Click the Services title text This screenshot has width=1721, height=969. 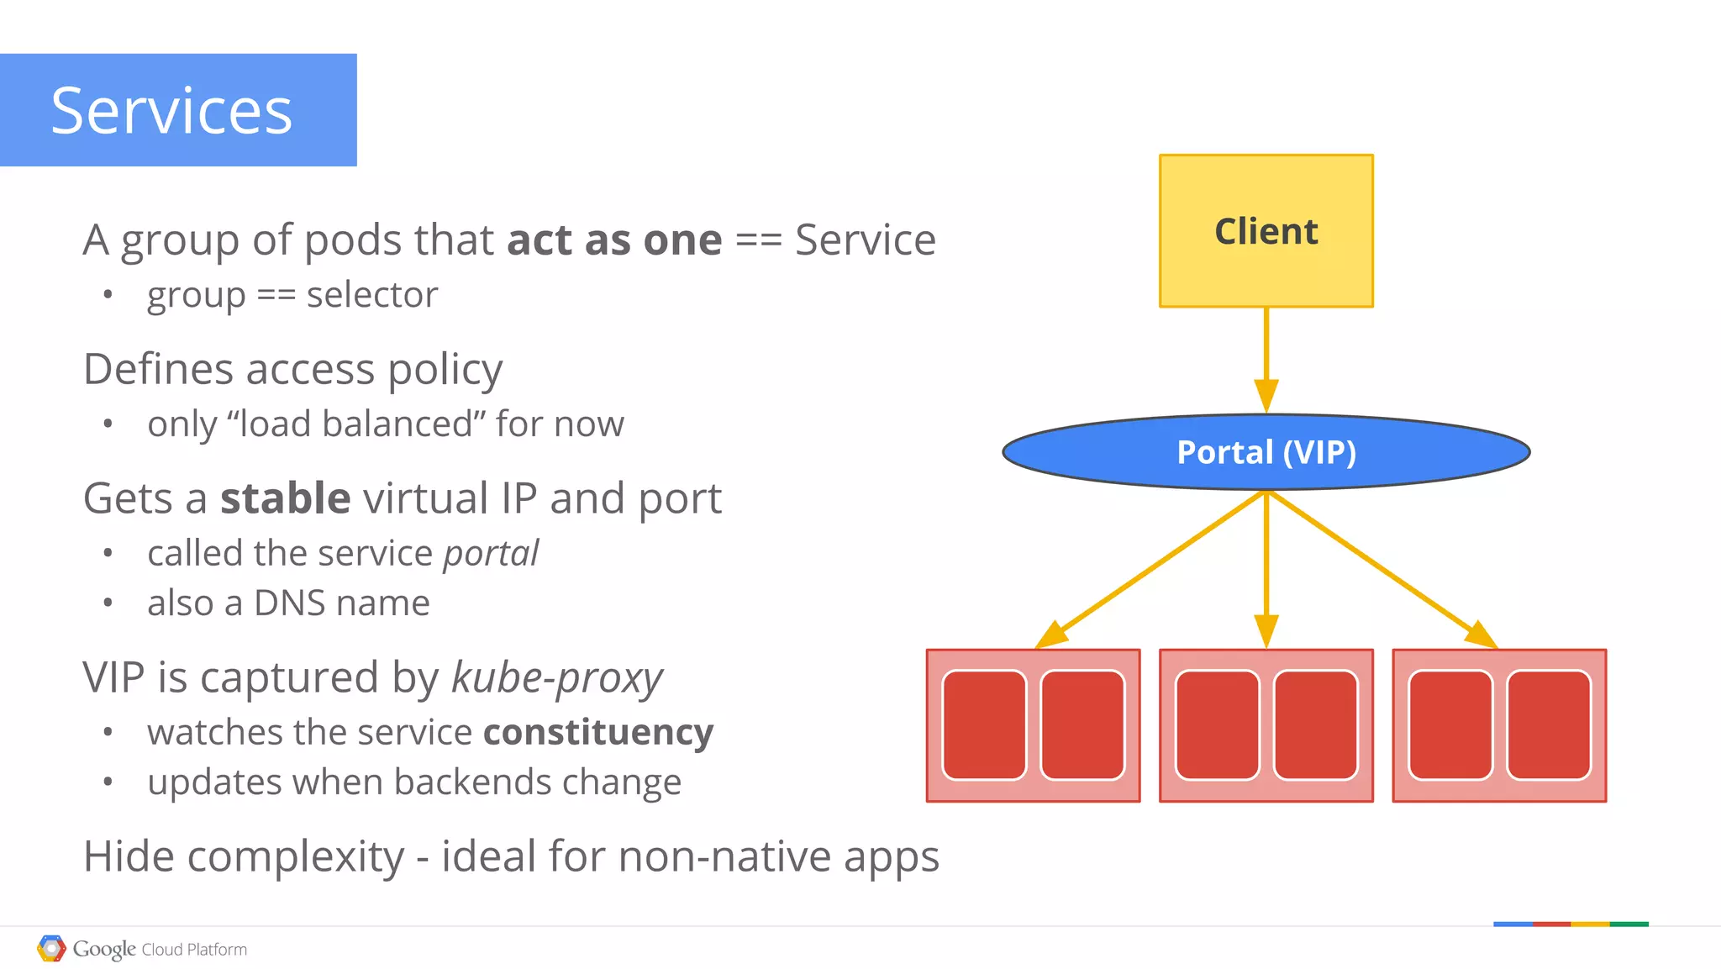tap(171, 111)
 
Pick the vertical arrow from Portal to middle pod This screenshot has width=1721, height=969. tap(1266, 571)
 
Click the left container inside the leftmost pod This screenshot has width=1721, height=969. tap(984, 725)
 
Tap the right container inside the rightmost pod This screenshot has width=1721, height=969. tap(1548, 725)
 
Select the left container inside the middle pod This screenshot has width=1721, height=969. tap(1217, 725)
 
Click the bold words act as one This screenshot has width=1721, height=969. tap(614, 240)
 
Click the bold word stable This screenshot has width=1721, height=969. tap(285, 498)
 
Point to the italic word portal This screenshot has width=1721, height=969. tap(491, 554)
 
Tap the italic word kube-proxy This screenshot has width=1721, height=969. tap(556, 678)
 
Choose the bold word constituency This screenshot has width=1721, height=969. tap(598, 733)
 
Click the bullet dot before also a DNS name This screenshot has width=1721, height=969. tap(108, 603)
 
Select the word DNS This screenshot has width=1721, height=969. tap(289, 603)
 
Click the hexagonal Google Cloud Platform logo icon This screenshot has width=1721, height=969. tap(51, 948)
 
